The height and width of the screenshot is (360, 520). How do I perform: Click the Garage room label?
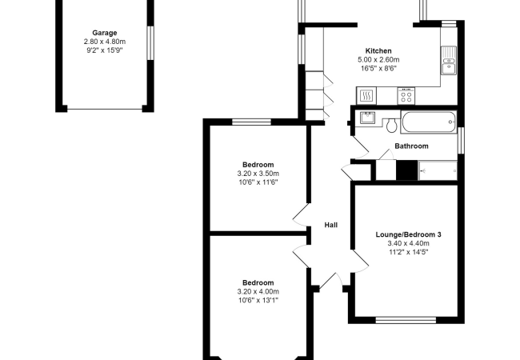click(105, 33)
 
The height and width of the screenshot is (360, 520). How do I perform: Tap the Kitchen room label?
click(378, 50)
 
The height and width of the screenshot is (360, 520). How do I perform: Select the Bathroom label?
click(411, 146)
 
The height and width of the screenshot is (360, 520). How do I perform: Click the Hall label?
click(331, 225)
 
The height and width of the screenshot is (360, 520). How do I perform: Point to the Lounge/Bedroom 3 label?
click(408, 234)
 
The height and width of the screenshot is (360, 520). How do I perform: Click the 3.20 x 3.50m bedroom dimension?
click(258, 174)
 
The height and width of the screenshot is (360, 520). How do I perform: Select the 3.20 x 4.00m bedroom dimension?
click(258, 292)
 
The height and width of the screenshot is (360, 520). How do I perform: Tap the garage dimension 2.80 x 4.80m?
click(105, 42)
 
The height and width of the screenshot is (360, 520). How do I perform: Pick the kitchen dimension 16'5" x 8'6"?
click(378, 69)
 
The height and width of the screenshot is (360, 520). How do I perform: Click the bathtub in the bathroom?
click(429, 122)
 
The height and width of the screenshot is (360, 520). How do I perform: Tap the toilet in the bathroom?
click(392, 125)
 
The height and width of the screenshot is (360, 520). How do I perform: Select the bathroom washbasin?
click(367, 118)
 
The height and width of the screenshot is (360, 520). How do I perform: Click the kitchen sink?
click(449, 61)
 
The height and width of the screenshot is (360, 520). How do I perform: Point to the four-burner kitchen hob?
click(406, 95)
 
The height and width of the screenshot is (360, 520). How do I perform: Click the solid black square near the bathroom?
click(407, 170)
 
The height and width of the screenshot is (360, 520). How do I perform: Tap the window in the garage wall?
click(150, 43)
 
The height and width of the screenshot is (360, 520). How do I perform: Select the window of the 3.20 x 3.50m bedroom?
click(251, 122)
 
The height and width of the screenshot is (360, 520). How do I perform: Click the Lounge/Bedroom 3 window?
click(406, 320)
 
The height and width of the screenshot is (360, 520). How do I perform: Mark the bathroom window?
click(461, 140)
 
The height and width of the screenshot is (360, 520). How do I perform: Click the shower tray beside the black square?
click(438, 170)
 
